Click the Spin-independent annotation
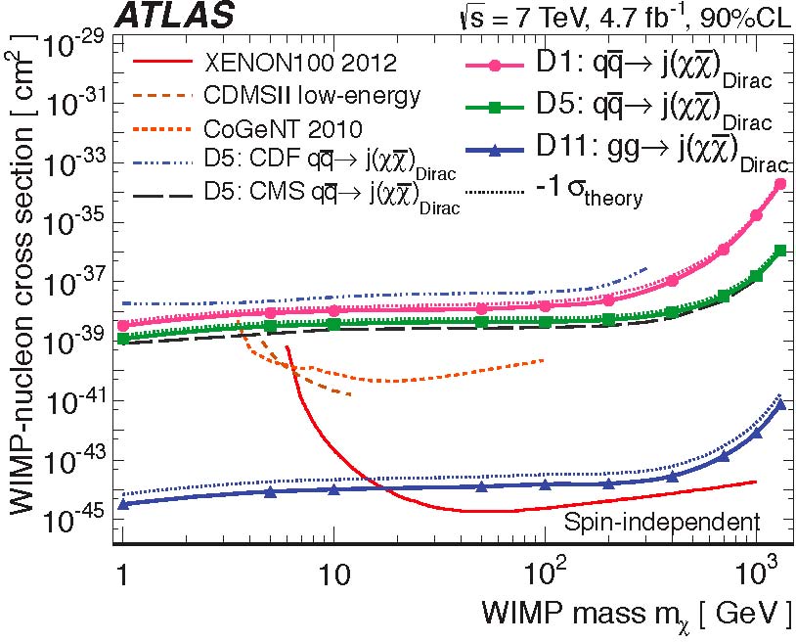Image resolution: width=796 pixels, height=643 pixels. coord(662,522)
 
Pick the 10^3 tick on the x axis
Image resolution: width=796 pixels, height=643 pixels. coord(754,568)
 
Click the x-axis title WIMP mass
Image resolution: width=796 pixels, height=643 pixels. coord(637,615)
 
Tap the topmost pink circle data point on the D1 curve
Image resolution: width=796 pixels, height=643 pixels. coord(780,184)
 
